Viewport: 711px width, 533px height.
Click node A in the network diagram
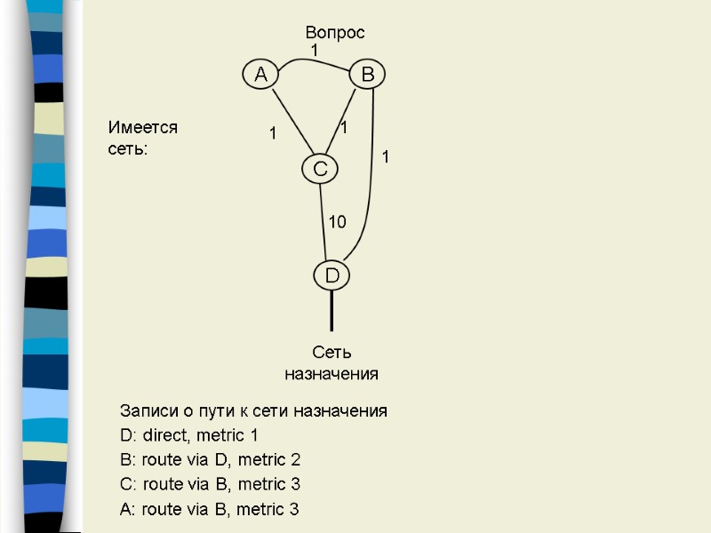pyautogui.click(x=260, y=76)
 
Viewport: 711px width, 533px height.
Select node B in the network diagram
pyautogui.click(x=366, y=76)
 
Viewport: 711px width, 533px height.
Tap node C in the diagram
pyautogui.click(x=320, y=168)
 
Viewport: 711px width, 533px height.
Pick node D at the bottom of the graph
pyautogui.click(x=332, y=276)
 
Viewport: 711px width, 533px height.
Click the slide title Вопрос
pyautogui.click(x=335, y=33)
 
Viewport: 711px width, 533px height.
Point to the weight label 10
pyautogui.click(x=338, y=222)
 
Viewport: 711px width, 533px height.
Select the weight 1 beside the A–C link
pyautogui.click(x=273, y=134)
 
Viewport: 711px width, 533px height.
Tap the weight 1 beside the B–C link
pyautogui.click(x=344, y=129)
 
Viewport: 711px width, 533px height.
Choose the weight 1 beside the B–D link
pyautogui.click(x=386, y=156)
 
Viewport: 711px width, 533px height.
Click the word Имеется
pyautogui.click(x=143, y=128)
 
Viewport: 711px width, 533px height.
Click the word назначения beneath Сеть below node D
pyautogui.click(x=332, y=374)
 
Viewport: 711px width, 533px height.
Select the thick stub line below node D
pyautogui.click(x=332, y=309)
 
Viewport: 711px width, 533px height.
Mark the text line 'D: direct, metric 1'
pyautogui.click(x=188, y=435)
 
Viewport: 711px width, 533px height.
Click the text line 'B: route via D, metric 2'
pyautogui.click(x=210, y=460)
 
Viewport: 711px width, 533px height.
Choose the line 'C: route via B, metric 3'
pyautogui.click(x=210, y=485)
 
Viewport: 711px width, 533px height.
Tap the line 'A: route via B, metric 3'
pyautogui.click(x=210, y=510)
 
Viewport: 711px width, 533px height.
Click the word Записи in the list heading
pyautogui.click(x=148, y=411)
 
